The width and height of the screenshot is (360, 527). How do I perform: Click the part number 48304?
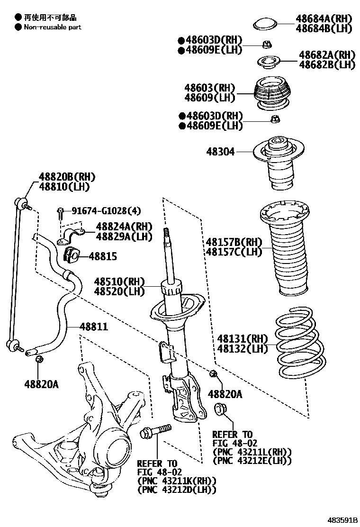coord(220,152)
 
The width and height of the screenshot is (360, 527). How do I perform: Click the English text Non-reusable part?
coord(53,27)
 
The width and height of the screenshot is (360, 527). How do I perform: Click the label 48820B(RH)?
coord(67,177)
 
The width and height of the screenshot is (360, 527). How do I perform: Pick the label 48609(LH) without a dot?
coord(210,98)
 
